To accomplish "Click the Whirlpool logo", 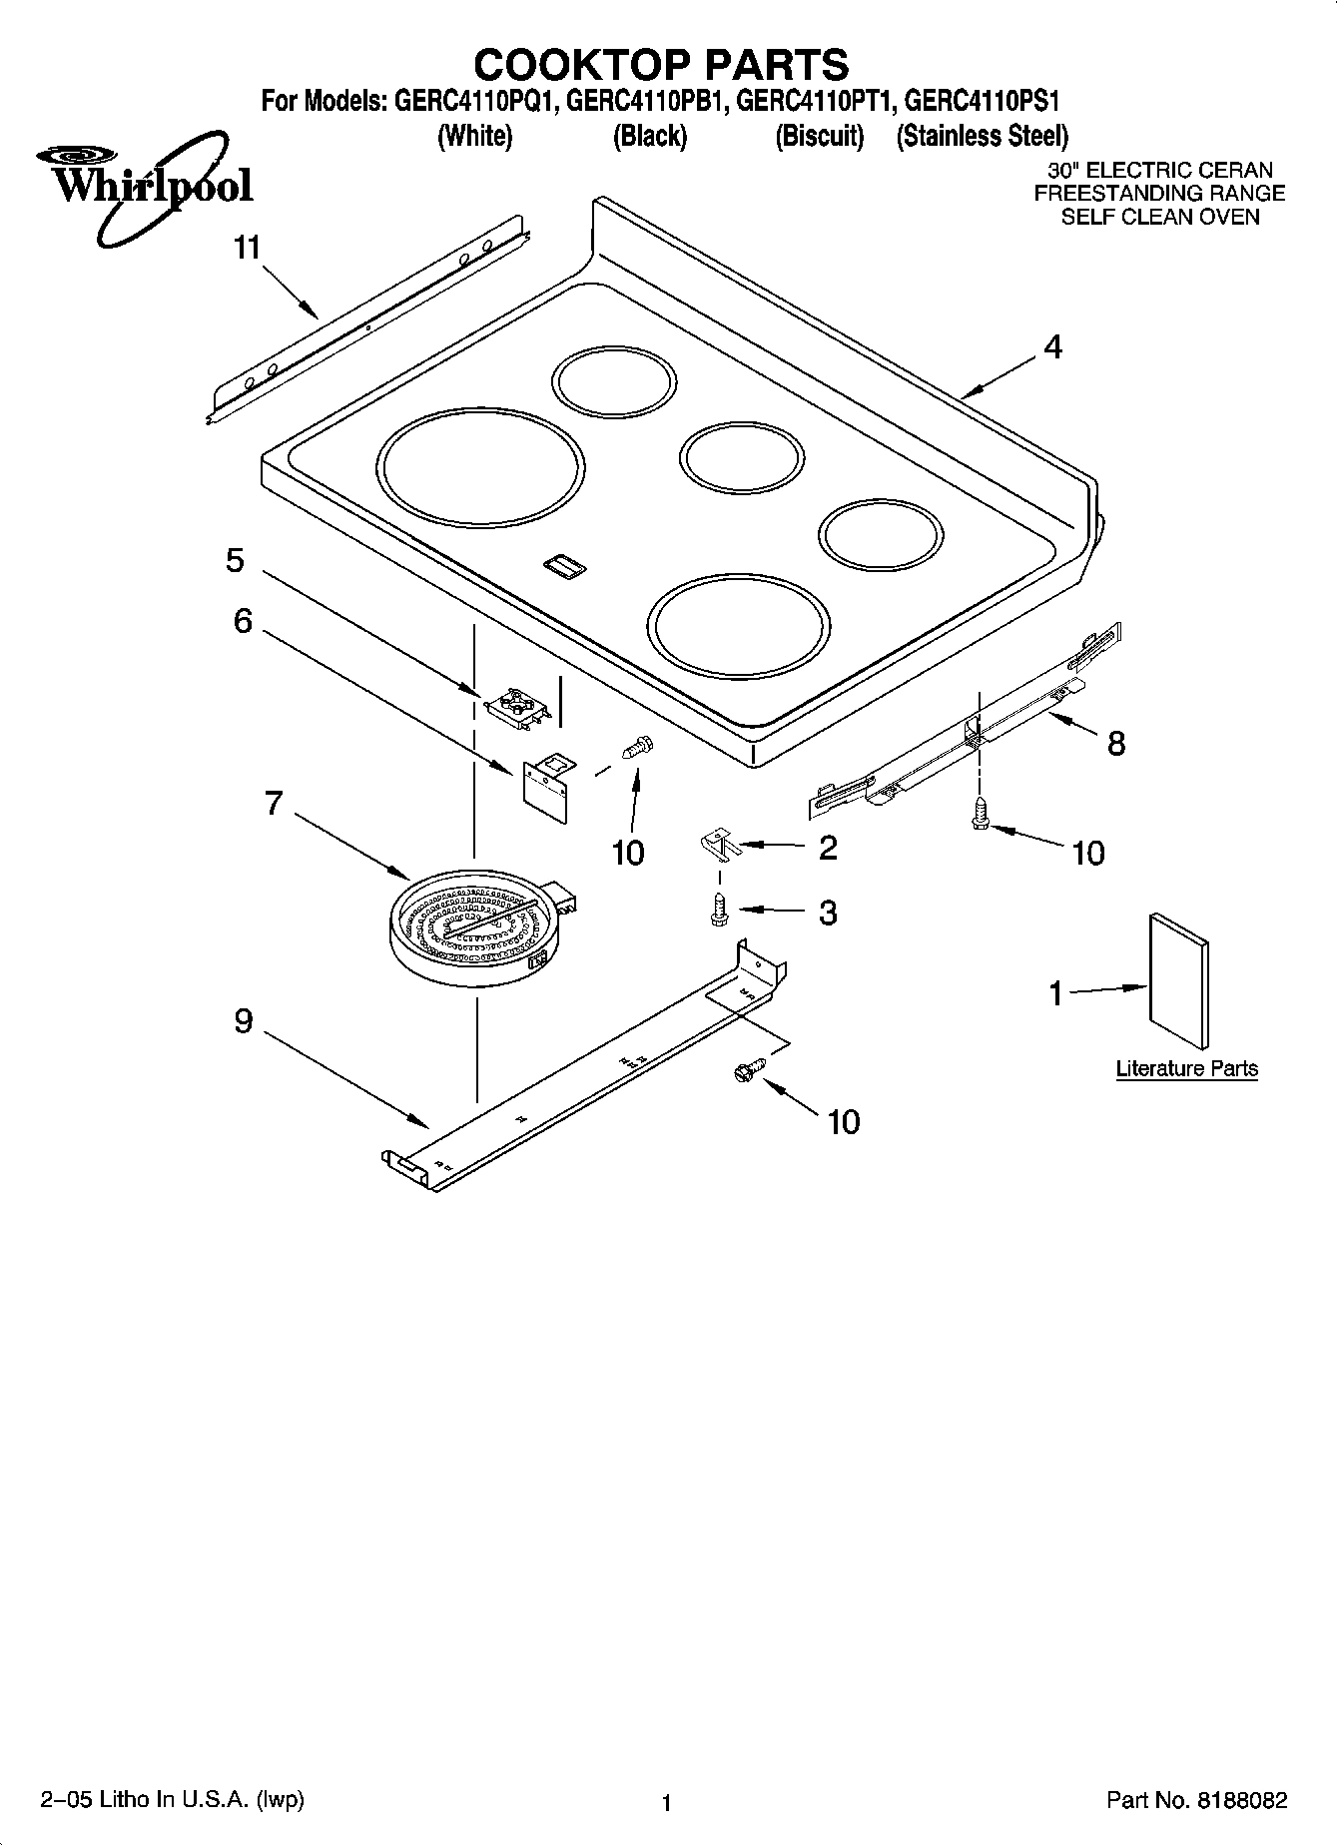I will click(146, 185).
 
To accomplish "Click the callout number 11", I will click(247, 248).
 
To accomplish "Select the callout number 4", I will click(1052, 347).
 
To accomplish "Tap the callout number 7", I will click(274, 804).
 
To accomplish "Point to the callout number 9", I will click(244, 1021).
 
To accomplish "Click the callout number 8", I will click(1116, 743).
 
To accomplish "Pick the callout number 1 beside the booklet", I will click(1055, 994).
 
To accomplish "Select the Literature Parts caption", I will click(1186, 1069).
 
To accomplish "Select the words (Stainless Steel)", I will click(982, 136).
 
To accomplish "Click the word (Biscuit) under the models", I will click(819, 136).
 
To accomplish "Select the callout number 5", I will click(235, 561).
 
